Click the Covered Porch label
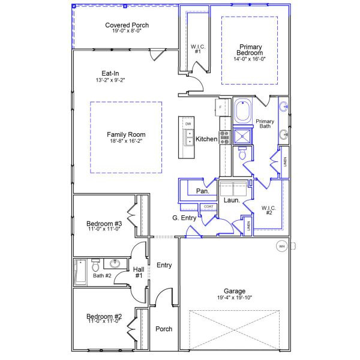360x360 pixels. click(127, 25)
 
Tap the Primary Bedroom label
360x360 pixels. click(250, 50)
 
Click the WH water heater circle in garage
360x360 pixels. click(281, 246)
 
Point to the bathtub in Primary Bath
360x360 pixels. click(243, 112)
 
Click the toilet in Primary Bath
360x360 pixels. click(243, 154)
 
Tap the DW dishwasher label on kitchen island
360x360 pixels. click(188, 124)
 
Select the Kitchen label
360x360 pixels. click(207, 139)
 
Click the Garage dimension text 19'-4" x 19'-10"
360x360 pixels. click(239, 298)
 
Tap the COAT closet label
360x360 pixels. click(208, 207)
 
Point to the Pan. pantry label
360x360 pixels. click(203, 191)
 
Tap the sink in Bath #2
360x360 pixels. click(115, 263)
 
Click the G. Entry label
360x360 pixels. click(184, 218)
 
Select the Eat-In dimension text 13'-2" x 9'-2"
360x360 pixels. click(110, 79)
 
